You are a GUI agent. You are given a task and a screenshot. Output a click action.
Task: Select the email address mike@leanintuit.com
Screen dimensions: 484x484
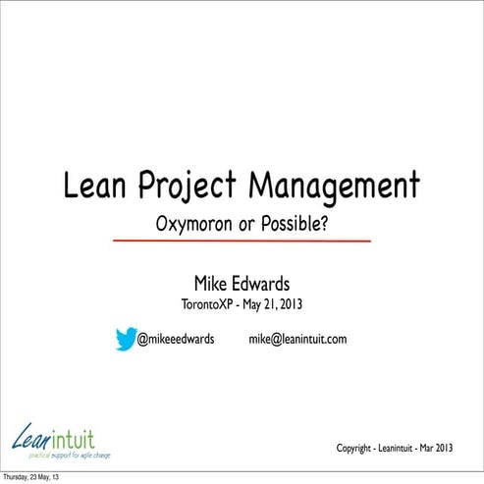click(297, 340)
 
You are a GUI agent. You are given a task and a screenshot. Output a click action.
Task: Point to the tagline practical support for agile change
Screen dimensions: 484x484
click(70, 455)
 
